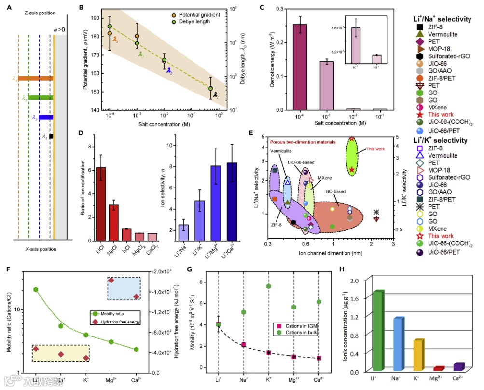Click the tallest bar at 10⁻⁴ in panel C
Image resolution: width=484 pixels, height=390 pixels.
pyautogui.click(x=300, y=67)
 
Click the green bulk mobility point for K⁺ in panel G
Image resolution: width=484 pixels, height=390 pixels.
pyautogui.click(x=269, y=286)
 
